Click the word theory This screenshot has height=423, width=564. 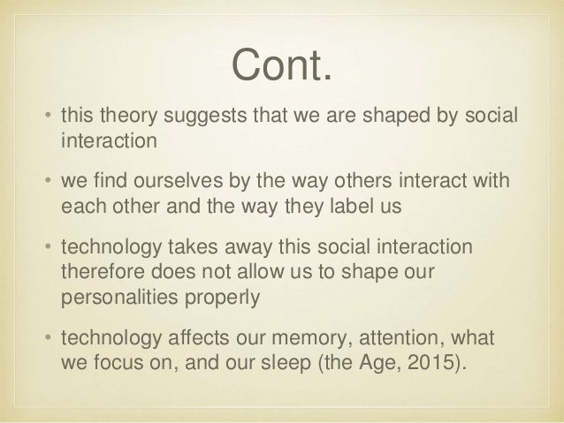(x=126, y=119)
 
